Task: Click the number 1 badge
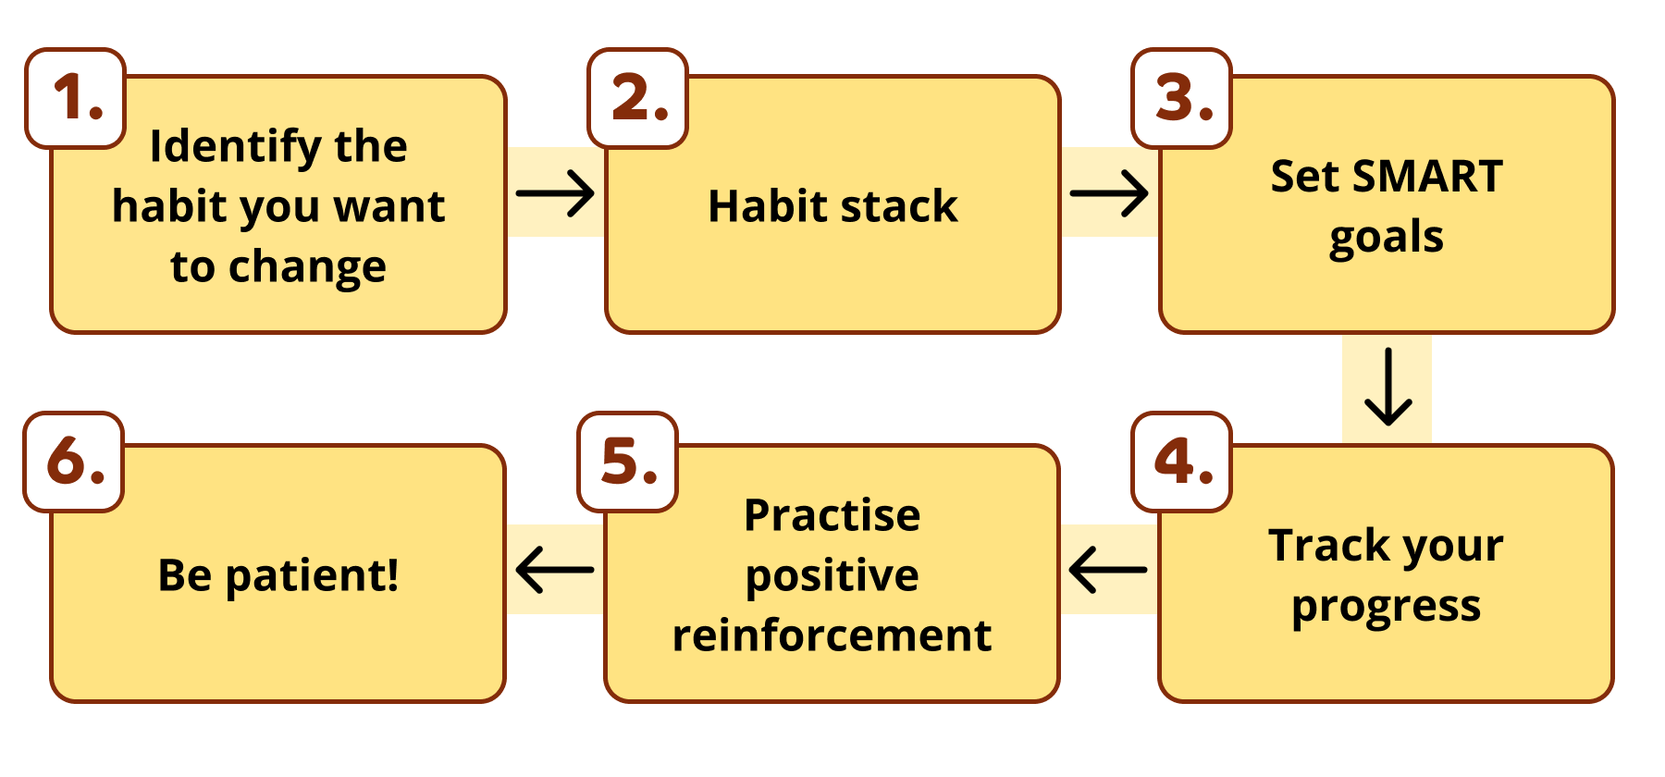76,98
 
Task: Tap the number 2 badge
638,98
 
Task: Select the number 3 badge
1182,98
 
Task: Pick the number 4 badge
1182,462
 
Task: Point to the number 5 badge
628,462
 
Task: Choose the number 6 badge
74,462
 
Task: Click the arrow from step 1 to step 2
555,193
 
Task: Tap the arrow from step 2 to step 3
1109,193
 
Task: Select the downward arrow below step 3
1387,387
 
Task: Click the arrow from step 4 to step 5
1108,569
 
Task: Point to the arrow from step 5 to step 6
555,569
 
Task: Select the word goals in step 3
1386,238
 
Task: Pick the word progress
1386,607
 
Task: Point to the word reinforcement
832,635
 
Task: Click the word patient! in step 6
313,575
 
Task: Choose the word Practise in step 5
832,515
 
